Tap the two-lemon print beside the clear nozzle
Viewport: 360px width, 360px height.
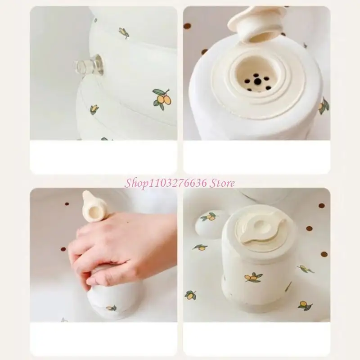coord(162,99)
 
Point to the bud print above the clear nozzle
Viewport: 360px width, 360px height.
coord(124,33)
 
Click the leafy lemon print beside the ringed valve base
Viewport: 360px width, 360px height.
coord(324,106)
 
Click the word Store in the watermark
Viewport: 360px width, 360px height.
coord(222,184)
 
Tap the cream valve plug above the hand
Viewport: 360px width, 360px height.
coord(92,206)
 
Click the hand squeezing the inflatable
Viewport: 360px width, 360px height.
coord(119,248)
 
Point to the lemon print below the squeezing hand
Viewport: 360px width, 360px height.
coord(112,308)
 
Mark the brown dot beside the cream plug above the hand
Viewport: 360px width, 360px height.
coord(67,204)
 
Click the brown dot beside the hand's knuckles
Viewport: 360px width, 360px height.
coord(63,249)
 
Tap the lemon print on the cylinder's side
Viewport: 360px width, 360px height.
coord(253,277)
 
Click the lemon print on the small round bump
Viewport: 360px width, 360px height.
coord(209,216)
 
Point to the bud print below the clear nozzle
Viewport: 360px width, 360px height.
coord(94,109)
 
